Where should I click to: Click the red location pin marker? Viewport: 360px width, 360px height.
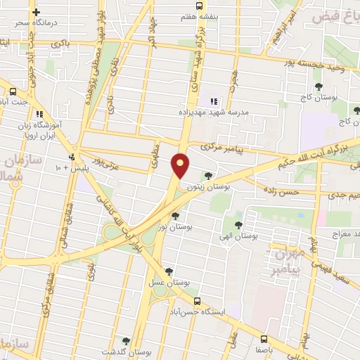pos(181,165)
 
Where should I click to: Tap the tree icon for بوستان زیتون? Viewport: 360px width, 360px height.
pos(207,176)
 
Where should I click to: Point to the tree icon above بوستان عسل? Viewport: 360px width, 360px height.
pos(169,271)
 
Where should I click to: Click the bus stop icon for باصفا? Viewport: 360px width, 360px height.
pos(264,338)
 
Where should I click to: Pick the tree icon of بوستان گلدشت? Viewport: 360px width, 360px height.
pos(126,341)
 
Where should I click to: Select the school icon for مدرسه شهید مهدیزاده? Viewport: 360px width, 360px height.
pos(214,101)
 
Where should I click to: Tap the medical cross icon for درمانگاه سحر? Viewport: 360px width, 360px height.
pos(36,12)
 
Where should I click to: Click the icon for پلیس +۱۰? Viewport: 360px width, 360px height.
pos(72,157)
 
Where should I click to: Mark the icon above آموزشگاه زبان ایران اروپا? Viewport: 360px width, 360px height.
pos(40,112)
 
